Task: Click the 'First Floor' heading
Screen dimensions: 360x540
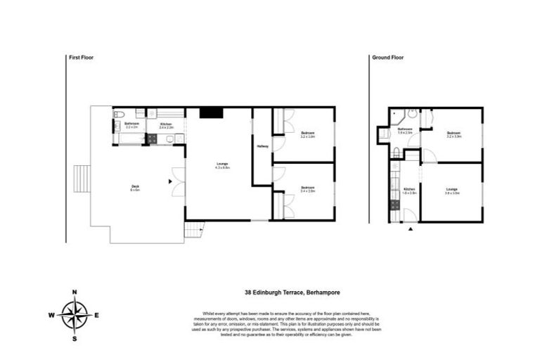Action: (81, 58)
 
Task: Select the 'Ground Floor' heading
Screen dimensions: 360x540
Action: (387, 58)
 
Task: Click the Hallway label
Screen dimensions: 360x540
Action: (262, 146)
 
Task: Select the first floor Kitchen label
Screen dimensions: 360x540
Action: (166, 125)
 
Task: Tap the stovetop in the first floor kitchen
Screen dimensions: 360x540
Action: (151, 139)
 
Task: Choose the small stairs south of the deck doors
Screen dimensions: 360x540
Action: (193, 229)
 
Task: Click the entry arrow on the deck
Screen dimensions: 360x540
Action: (170, 181)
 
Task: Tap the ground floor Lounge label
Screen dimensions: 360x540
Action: (452, 190)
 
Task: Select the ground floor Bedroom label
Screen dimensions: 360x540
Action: (453, 134)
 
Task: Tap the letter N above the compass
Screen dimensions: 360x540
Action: (74, 292)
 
